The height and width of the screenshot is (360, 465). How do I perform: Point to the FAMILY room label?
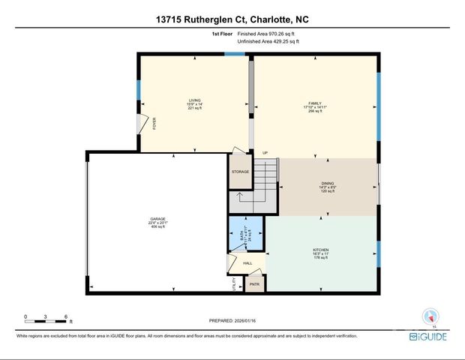click(314, 103)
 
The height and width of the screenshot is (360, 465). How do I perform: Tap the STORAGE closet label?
click(240, 172)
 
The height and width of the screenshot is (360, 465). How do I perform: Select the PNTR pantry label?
click(254, 284)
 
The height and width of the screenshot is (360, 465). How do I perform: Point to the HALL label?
click(247, 263)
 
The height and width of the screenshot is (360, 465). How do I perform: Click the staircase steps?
click(265, 180)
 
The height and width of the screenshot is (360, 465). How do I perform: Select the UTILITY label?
click(233, 284)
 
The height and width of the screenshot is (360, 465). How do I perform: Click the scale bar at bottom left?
click(46, 318)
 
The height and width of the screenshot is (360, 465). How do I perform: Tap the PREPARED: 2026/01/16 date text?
click(232, 320)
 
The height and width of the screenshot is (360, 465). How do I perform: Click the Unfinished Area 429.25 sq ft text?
click(268, 42)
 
